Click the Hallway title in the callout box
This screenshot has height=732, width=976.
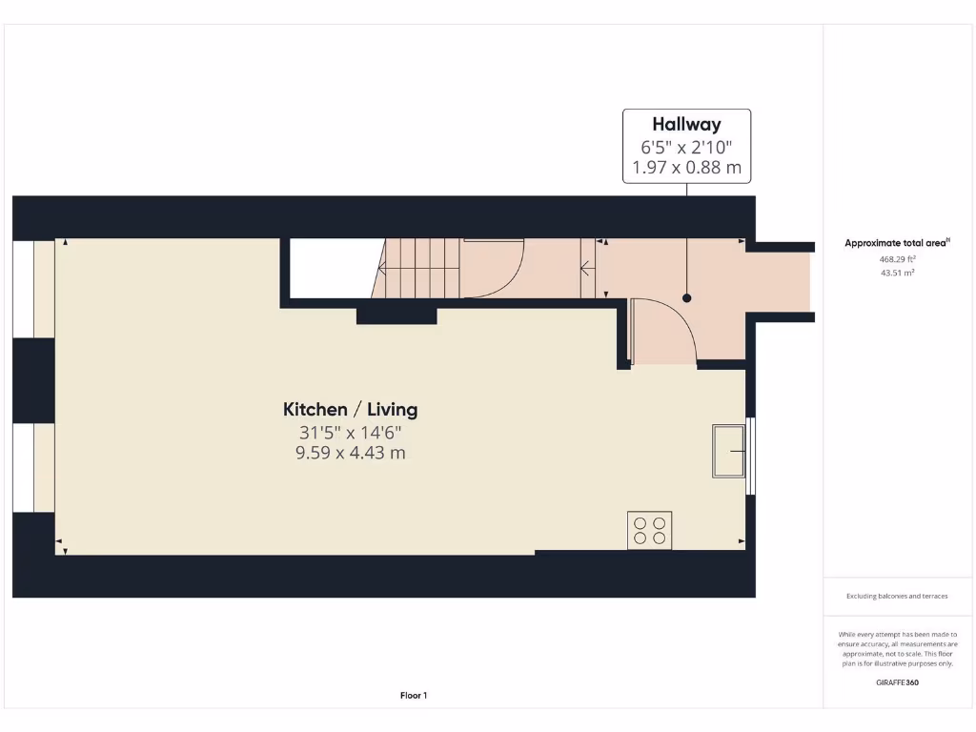[686, 124]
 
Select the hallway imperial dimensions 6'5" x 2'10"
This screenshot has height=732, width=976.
[686, 147]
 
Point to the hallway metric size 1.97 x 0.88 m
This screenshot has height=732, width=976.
[686, 169]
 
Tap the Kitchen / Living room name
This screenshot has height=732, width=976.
[350, 410]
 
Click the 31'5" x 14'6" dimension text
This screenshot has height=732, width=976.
[350, 432]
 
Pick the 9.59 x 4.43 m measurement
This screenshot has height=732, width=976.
[350, 453]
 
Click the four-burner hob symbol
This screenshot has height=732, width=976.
[649, 530]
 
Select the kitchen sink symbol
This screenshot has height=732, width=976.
[728, 451]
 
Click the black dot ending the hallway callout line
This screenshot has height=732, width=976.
[686, 297]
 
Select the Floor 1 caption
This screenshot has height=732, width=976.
[413, 696]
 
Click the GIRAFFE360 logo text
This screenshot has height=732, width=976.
[897, 682]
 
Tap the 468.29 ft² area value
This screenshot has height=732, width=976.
[897, 259]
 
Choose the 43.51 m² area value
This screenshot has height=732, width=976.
[897, 273]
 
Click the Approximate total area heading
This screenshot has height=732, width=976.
[897, 243]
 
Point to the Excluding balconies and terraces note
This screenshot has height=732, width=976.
[897, 597]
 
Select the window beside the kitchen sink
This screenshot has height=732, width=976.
[750, 456]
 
